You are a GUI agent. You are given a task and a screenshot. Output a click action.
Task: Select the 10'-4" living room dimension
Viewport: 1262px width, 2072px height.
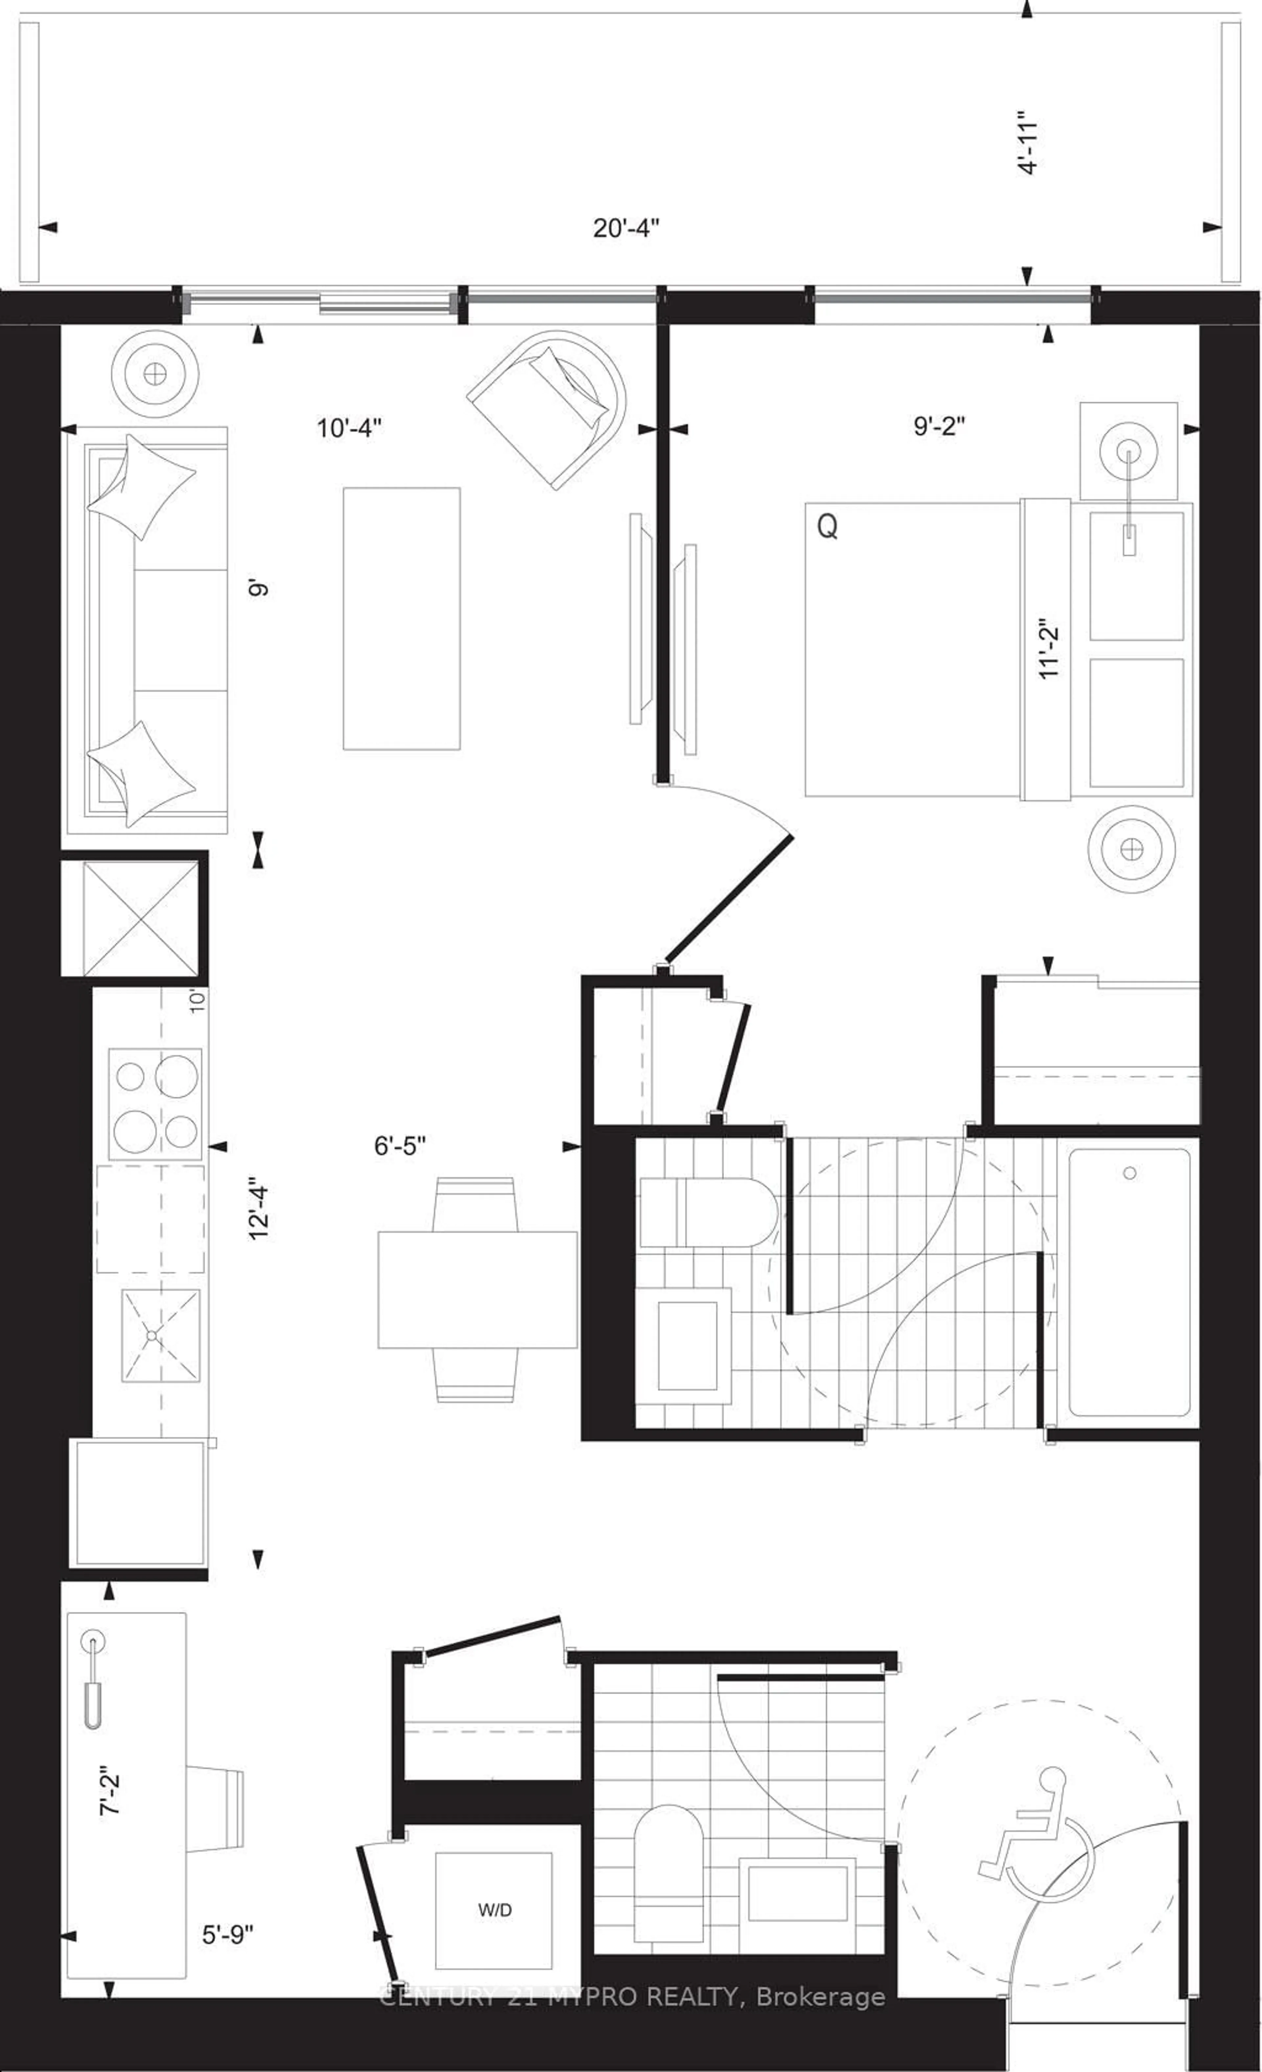(349, 428)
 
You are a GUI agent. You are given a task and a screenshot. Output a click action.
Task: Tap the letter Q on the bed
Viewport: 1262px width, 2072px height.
(827, 527)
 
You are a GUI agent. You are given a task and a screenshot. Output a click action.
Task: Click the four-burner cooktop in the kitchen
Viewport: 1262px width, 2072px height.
(155, 1104)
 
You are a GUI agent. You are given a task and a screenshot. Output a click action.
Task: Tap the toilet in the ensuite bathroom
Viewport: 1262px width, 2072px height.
(706, 1212)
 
